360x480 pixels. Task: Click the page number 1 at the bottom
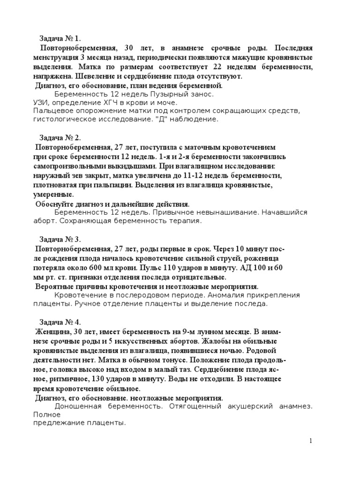tap(310, 441)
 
